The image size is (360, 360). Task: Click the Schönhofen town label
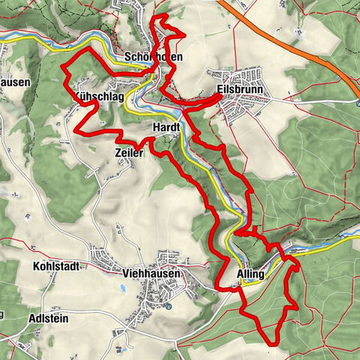(x=155, y=57)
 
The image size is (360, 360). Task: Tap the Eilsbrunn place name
(x=237, y=88)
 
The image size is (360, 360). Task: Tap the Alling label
(x=250, y=274)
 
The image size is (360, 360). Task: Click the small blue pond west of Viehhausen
(x=125, y=286)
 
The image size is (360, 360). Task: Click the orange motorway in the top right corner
(x=300, y=45)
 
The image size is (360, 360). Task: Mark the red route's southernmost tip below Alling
(x=264, y=343)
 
